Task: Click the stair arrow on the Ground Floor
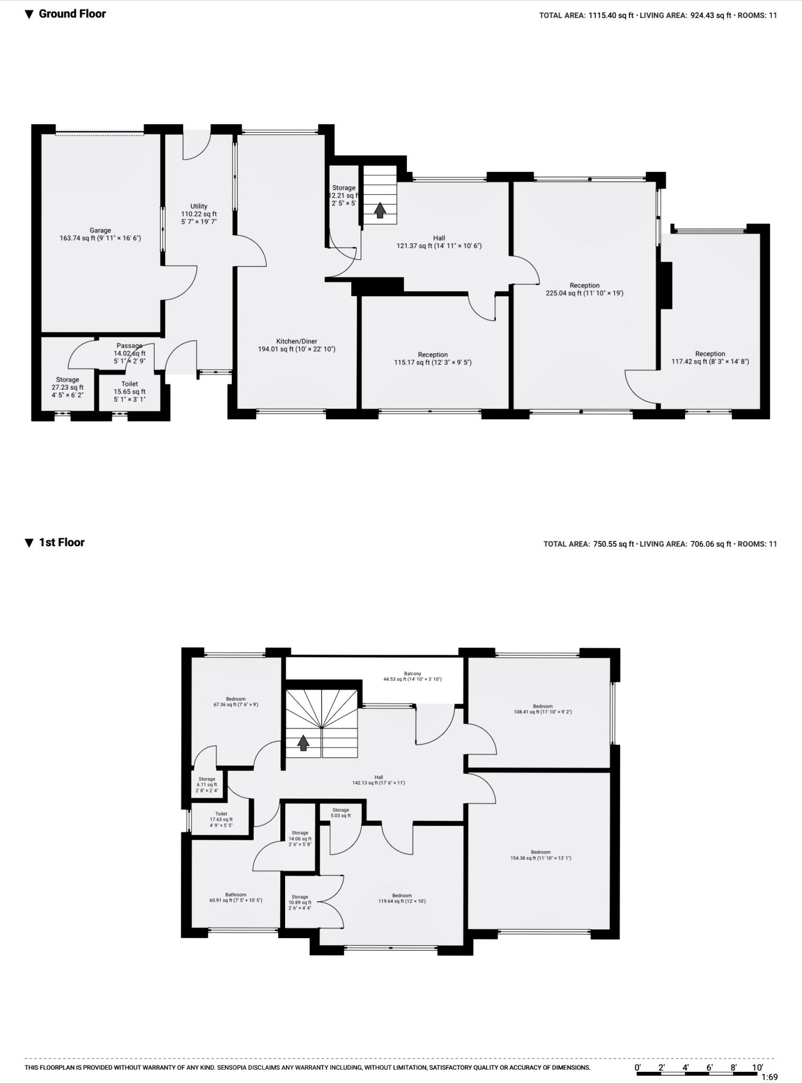[x=379, y=210]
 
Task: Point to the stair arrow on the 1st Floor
[x=303, y=743]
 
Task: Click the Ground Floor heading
[x=72, y=14]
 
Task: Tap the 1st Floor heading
[x=61, y=543]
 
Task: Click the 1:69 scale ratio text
[x=769, y=1077]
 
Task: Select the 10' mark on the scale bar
[x=758, y=1067]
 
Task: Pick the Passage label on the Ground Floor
[x=129, y=346]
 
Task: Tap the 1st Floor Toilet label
[x=221, y=814]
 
